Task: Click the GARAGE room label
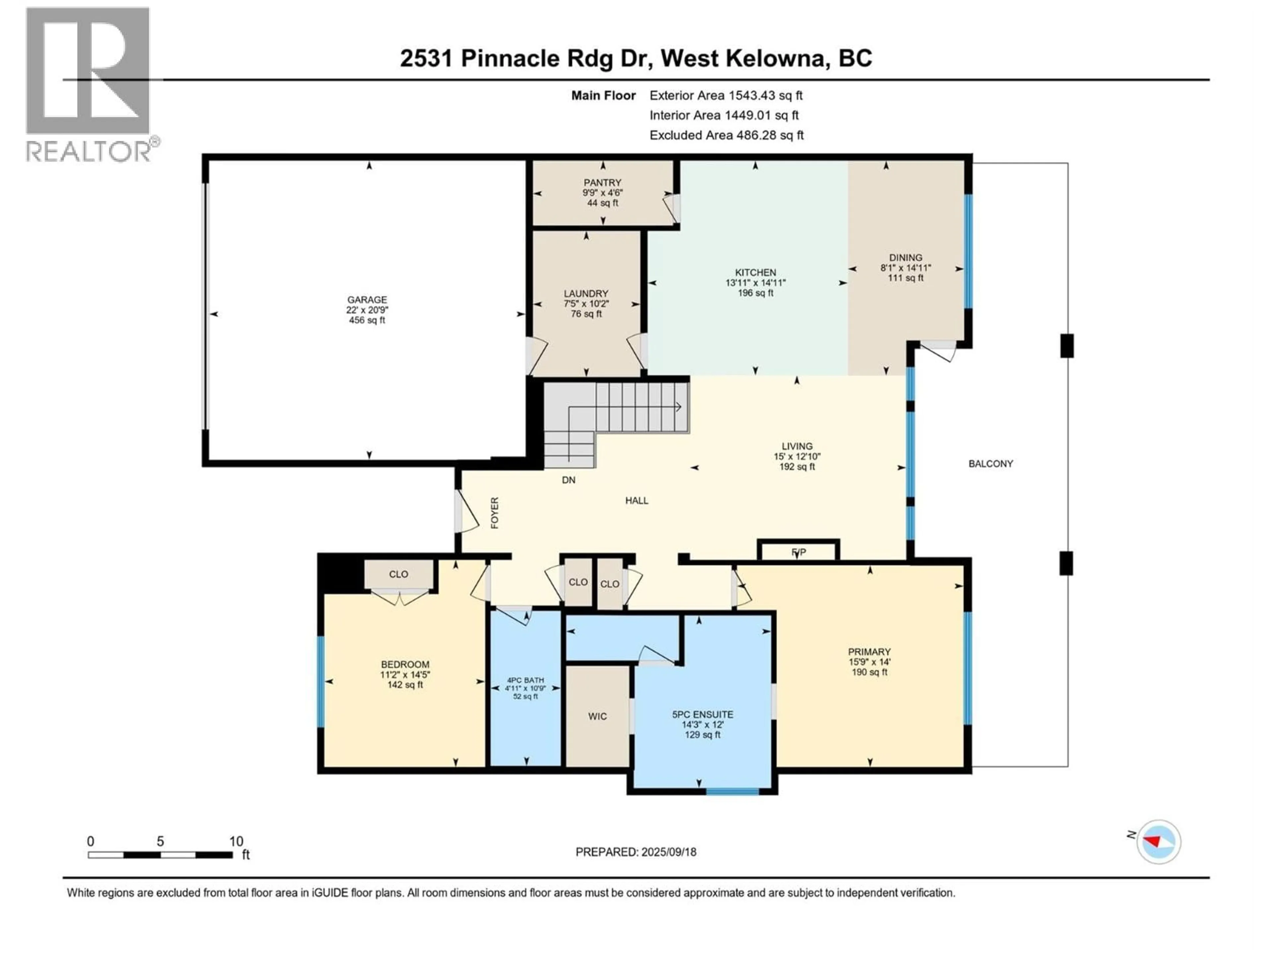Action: tap(367, 299)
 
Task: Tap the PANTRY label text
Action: tap(603, 182)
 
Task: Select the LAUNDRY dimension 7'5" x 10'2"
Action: tap(586, 303)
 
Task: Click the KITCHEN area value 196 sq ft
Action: tap(755, 293)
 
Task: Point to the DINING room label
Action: tap(905, 257)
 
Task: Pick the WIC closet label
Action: tap(597, 716)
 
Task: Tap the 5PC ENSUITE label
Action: tap(702, 714)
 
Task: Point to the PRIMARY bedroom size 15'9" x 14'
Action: tap(869, 662)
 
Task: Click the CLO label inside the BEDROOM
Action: tap(398, 574)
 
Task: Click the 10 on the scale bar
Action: tap(236, 841)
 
